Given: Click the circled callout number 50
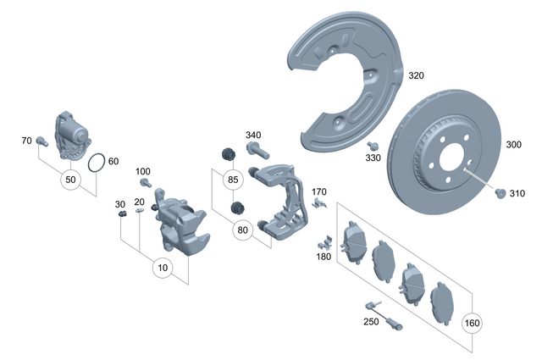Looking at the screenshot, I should tap(71, 180).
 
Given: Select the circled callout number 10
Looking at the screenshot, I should tap(163, 268).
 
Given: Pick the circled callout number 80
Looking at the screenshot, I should tap(242, 229).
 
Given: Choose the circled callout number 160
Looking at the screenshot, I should tap(472, 323).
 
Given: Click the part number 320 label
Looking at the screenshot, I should tap(416, 75).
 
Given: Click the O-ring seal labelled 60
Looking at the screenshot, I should tap(97, 161).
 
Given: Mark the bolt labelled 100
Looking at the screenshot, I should tap(144, 182).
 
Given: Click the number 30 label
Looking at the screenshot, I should tap(120, 204).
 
